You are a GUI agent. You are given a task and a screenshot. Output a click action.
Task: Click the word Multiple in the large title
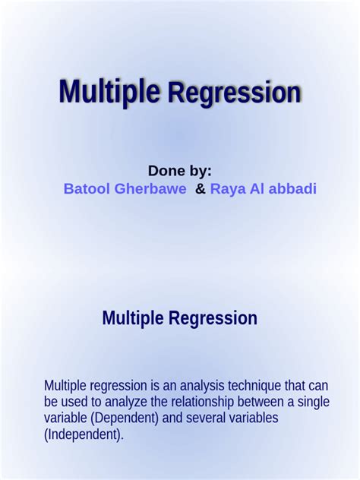[109, 92]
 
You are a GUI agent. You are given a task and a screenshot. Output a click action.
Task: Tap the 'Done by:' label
[179, 170]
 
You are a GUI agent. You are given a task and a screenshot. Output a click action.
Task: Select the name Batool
[87, 189]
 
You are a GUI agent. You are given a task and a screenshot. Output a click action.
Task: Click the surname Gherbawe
[150, 189]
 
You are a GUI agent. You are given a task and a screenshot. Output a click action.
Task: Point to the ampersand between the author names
[200, 189]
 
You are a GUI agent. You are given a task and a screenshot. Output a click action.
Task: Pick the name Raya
[226, 189]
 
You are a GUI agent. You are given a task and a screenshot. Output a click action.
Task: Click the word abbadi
[291, 189]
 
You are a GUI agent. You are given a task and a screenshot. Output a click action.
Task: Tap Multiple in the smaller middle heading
[134, 318]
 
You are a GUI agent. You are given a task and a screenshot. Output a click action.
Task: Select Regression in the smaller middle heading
[213, 318]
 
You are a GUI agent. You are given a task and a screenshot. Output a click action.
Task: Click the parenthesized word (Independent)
[84, 435]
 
